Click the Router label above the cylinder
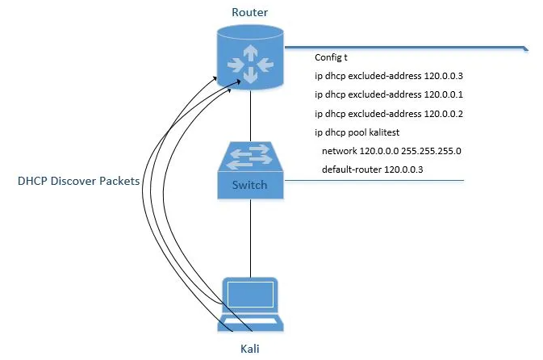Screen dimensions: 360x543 249,13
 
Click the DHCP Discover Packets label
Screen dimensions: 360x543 78,182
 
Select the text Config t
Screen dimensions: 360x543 331,58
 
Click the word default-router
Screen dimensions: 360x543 352,170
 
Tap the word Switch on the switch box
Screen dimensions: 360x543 249,185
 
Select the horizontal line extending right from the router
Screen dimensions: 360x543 403,48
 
